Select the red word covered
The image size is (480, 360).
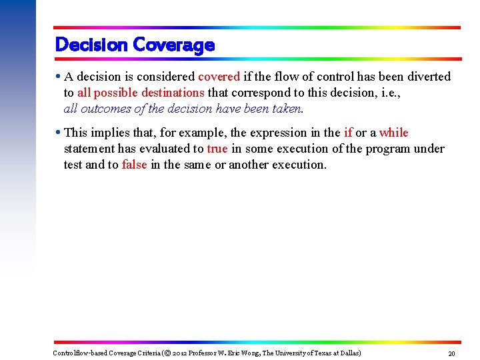tap(219, 77)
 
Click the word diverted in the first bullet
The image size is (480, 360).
tap(409, 77)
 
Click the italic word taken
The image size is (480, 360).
tap(287, 109)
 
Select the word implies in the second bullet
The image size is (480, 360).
tap(112, 133)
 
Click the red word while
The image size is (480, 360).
tap(393, 133)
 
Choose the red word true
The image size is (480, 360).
tap(217, 149)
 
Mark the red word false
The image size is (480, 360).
tap(134, 165)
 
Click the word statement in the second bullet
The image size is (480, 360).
tap(89, 149)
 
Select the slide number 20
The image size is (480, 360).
tap(451, 353)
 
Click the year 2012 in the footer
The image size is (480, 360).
tap(181, 353)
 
